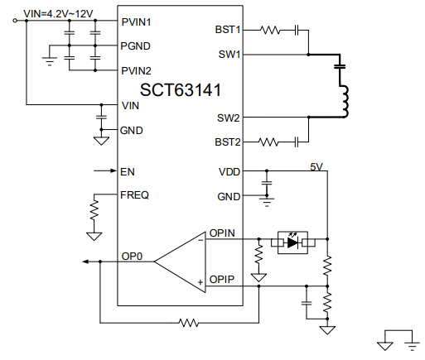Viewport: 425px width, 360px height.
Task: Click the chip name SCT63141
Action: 180,89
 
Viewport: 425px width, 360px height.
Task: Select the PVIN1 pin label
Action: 137,22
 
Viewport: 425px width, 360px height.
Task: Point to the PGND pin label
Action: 136,46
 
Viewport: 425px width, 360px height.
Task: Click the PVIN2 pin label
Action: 137,70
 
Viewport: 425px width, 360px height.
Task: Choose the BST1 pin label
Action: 227,30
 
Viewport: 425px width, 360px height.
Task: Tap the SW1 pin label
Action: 229,55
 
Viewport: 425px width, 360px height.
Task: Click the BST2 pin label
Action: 227,142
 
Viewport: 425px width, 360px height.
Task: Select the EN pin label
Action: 128,172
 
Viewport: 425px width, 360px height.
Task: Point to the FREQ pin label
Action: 135,195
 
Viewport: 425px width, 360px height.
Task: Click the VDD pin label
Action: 229,172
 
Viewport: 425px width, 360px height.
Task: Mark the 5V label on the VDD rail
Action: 316,166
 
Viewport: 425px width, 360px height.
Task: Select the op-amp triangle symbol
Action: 182,261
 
